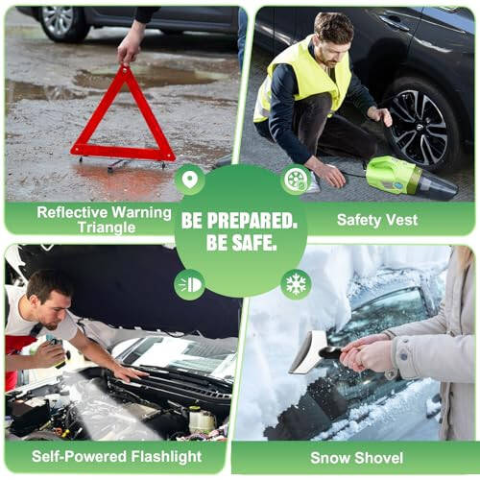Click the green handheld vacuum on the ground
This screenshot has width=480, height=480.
(411, 178)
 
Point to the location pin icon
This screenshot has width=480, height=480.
(189, 180)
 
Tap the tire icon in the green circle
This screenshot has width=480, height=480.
(296, 180)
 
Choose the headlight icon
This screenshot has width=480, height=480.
(189, 284)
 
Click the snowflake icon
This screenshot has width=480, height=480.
(296, 284)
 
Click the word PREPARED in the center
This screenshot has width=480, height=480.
(252, 221)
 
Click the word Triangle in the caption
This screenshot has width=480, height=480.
(107, 228)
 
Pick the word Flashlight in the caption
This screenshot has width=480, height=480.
(166, 457)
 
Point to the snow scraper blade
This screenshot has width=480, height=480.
(308, 352)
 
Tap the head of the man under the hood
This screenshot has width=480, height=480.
(48, 300)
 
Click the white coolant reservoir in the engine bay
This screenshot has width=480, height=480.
(202, 420)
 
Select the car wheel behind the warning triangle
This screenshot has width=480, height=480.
(60, 23)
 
